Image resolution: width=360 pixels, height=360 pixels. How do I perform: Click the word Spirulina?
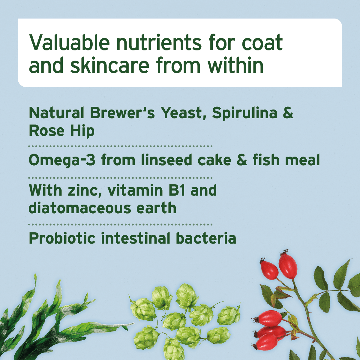pos(245,113)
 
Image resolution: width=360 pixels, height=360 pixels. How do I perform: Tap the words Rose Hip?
pos(61,131)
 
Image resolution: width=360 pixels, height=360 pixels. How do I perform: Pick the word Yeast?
pos(183,113)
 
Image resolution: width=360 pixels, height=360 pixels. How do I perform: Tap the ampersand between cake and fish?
pos(241,160)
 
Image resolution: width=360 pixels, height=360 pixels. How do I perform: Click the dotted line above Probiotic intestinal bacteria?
pos(120,224)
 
